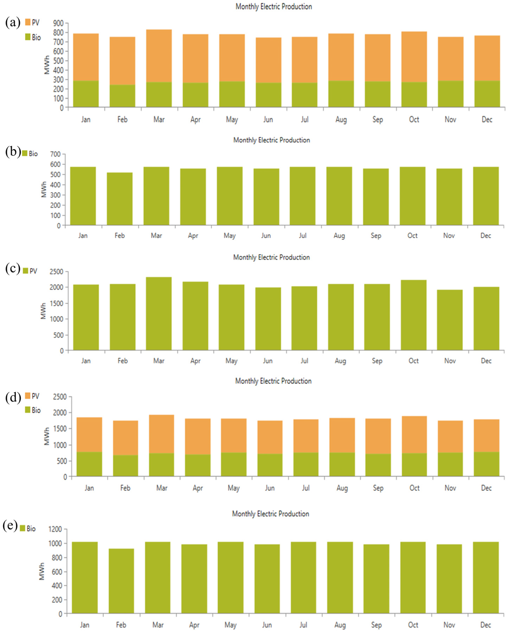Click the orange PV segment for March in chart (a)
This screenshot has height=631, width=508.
click(x=159, y=56)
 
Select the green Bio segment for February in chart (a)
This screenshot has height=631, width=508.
click(x=122, y=96)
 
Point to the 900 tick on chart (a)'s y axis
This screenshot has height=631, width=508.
click(x=58, y=23)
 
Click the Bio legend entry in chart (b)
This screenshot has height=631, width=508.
click(x=30, y=154)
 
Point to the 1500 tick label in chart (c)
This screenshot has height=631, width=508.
click(x=57, y=303)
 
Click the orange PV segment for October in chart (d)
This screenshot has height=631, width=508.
click(x=414, y=435)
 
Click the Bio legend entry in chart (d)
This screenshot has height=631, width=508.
click(x=33, y=410)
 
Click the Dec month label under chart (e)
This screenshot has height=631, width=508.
click(x=485, y=625)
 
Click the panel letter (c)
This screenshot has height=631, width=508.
click(x=13, y=268)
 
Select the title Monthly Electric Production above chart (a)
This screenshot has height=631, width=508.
click(x=274, y=7)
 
